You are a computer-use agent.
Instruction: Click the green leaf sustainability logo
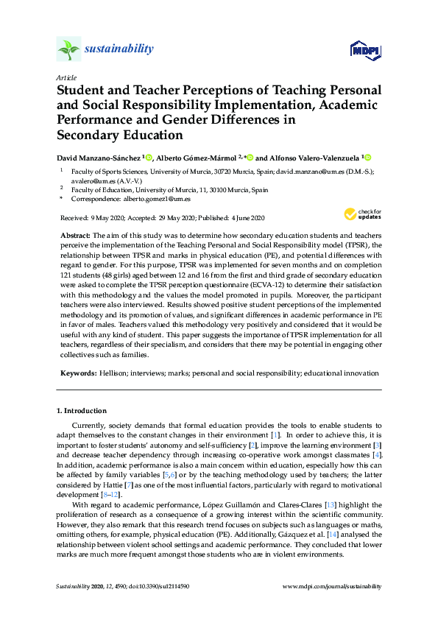[x=68, y=49]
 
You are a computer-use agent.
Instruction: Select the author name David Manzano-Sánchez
[x=99, y=157]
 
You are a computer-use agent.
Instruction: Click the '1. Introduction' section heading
[x=82, y=410]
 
